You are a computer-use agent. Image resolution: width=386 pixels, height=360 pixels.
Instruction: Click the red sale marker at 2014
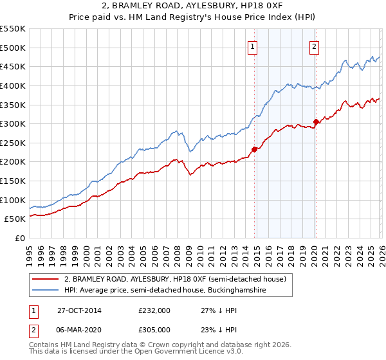pos(254,149)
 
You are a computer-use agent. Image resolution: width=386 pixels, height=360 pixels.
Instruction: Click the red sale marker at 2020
pos(316,122)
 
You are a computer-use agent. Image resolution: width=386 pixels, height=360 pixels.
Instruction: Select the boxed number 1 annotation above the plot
pos(252,46)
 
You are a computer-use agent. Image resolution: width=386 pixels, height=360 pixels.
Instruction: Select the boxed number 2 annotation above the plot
pos(314,46)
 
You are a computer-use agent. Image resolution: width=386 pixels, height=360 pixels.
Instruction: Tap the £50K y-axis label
pos(15,219)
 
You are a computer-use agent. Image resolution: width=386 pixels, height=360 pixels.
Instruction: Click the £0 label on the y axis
pos(21,239)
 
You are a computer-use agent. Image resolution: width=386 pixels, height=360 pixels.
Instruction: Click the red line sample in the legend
pos(46,279)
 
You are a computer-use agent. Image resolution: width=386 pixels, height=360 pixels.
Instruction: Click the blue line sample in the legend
pos(46,291)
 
